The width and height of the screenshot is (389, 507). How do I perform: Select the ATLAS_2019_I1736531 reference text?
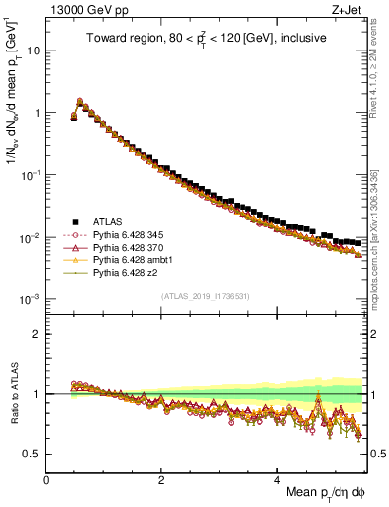204,296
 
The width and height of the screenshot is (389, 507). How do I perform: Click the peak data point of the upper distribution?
80,101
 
